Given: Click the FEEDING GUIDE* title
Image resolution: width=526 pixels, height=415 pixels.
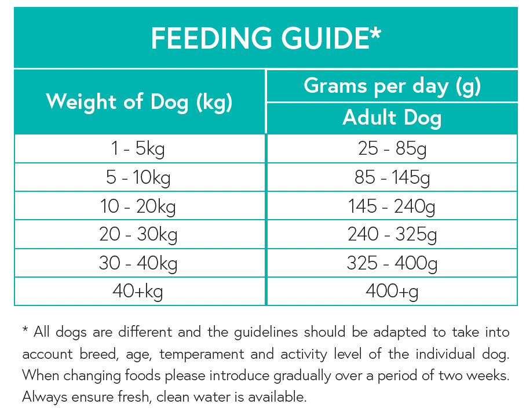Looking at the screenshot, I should click(266, 39).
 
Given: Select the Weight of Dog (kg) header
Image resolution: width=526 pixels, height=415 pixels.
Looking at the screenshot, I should click(139, 102).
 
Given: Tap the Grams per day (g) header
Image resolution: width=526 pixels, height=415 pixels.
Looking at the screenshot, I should click(392, 86).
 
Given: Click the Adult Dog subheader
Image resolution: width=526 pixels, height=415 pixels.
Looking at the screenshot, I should click(392, 118).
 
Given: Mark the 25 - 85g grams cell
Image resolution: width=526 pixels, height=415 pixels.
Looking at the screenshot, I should click(392, 150).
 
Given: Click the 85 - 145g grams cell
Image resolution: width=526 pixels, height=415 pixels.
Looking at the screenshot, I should click(392, 177).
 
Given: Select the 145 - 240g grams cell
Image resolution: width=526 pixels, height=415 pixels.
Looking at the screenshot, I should click(392, 206).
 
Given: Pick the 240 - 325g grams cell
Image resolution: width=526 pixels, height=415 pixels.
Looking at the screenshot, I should click(392, 234).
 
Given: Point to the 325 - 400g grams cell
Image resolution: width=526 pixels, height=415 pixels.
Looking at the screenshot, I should click(392, 263).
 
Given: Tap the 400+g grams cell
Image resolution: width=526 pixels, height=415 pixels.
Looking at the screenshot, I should click(392, 291).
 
